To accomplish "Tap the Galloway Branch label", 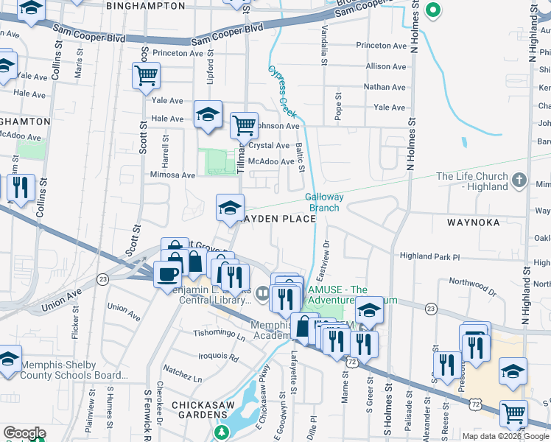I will pyautogui.click(x=323, y=202).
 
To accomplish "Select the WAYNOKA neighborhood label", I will pyautogui.click(x=473, y=222).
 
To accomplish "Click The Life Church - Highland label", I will pyautogui.click(x=472, y=181).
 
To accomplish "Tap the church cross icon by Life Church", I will pyautogui.click(x=519, y=179).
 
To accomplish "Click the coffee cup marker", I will pyautogui.click(x=167, y=274).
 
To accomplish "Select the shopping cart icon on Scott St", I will pyautogui.click(x=147, y=74).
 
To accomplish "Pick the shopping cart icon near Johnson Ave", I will pyautogui.click(x=244, y=124).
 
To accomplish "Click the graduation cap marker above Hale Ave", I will pyautogui.click(x=208, y=114).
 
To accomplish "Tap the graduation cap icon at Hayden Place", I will pyautogui.click(x=230, y=207).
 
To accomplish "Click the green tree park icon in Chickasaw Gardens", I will pyautogui.click(x=220, y=432).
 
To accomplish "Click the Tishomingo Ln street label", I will pyautogui.click(x=220, y=334).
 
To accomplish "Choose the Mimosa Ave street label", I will pyautogui.click(x=172, y=175).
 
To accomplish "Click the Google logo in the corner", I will pyautogui.click(x=24, y=432).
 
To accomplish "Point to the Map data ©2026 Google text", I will pyautogui.click(x=505, y=435).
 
